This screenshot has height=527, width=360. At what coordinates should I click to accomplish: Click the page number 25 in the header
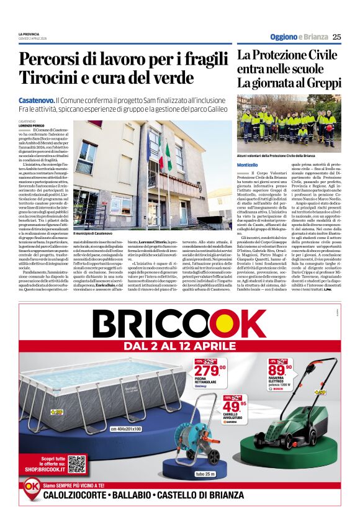tap(336, 37)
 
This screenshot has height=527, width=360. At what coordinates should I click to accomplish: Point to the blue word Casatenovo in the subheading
tap(37, 100)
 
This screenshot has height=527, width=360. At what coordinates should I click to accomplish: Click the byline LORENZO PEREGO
tap(32, 125)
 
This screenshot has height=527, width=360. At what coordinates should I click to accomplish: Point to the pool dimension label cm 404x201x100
tap(126, 429)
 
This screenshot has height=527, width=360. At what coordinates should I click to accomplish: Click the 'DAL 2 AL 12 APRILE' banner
tap(180, 345)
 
